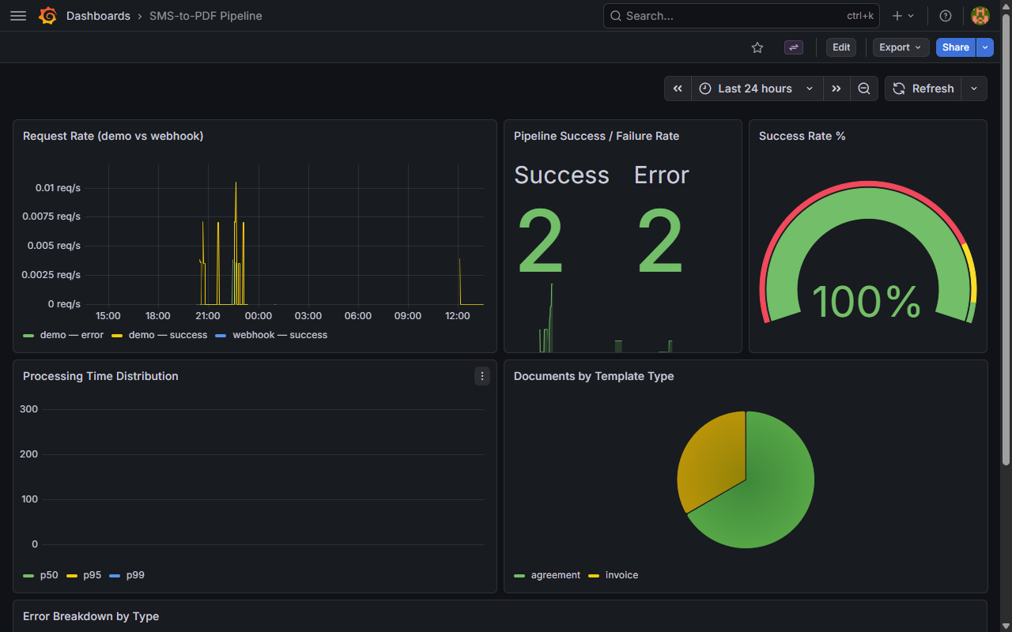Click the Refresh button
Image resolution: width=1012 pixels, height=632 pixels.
(923, 88)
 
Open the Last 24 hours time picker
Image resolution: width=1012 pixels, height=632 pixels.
(756, 88)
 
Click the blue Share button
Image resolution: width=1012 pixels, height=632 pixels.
(955, 47)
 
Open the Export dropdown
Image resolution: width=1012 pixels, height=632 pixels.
(901, 47)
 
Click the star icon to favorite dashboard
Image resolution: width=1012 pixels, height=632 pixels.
(757, 47)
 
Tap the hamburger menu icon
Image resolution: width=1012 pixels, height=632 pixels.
(17, 16)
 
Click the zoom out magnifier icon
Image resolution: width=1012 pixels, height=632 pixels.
(864, 88)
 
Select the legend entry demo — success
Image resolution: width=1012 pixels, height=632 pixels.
(167, 335)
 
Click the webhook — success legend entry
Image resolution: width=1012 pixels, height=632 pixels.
(279, 335)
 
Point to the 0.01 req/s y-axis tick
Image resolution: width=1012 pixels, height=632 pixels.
(57, 187)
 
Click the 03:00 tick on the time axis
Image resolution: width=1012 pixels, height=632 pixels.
(308, 316)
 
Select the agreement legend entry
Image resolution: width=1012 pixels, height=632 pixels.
(555, 575)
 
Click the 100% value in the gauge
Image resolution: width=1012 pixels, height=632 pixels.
(867, 302)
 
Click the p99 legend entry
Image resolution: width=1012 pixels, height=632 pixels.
(134, 575)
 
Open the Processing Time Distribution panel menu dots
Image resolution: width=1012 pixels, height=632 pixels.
(482, 376)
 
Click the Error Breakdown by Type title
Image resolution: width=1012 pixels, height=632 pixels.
(91, 616)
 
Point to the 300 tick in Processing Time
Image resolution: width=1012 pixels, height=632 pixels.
(29, 409)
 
